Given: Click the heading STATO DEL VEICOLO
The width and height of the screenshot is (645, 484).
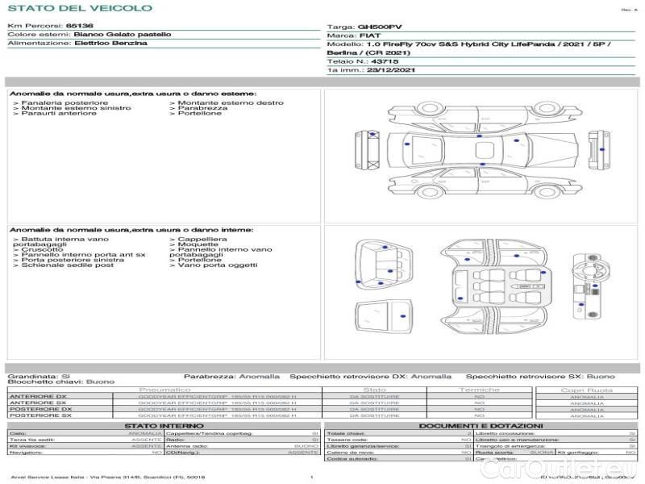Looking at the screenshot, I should pos(79,9).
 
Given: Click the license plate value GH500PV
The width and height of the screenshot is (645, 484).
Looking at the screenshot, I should pos(379,27).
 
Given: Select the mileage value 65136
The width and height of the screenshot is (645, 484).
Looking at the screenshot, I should pos(79,27).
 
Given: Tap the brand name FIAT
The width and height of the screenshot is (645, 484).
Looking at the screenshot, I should pos(370,36).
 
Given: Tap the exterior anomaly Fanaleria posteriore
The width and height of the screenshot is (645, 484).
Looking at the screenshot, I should pos(64,103).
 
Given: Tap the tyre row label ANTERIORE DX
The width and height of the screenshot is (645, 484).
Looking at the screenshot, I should pos(38,396).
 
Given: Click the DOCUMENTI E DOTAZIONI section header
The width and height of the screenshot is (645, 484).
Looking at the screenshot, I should pos(480,425).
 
